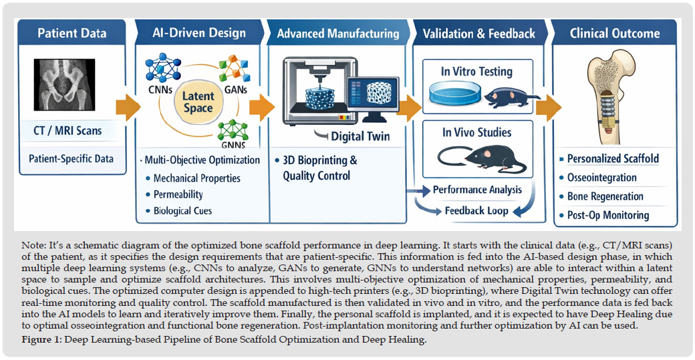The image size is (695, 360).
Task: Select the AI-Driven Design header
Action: [x=198, y=33]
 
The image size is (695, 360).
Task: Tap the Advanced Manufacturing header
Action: [x=337, y=33]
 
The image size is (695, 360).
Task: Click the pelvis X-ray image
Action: [x=70, y=83]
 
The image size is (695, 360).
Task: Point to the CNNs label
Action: [x=160, y=92]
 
